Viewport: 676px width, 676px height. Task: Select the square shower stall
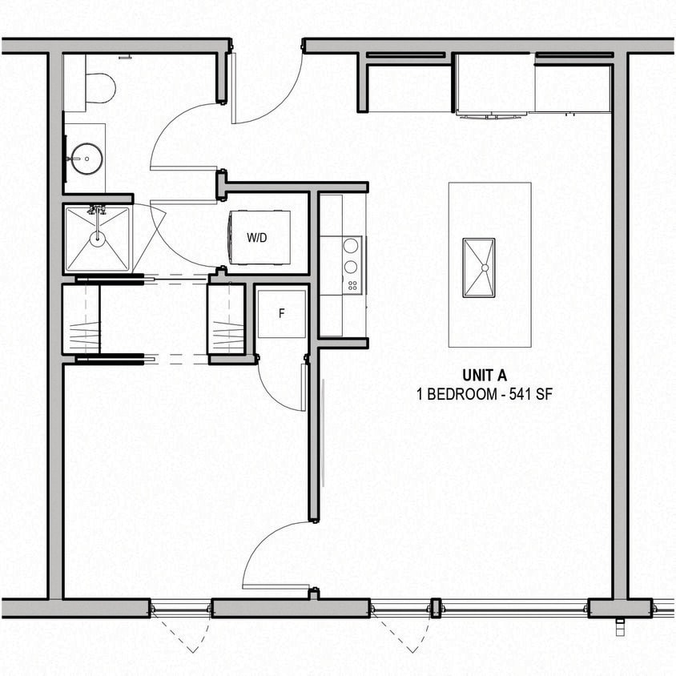coord(97,238)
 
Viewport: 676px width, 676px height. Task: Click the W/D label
coord(257,238)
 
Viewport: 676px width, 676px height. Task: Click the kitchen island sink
coord(479,267)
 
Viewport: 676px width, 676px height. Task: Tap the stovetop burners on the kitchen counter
coord(351,265)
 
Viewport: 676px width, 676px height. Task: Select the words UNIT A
coord(485,375)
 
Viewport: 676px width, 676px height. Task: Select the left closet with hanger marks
coord(82,319)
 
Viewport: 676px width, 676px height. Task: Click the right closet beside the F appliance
coord(226,319)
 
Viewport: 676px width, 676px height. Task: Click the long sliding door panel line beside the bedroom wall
coord(323,433)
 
